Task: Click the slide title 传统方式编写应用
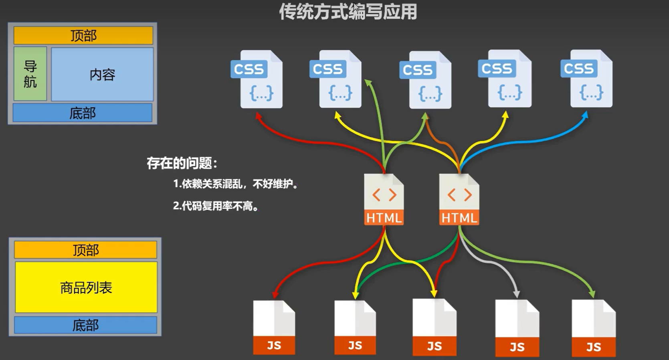(348, 12)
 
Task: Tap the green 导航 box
(30, 74)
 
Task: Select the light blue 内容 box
(103, 75)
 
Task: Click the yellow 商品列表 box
(86, 287)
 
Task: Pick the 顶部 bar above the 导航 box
(83, 36)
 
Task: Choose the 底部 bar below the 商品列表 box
(86, 325)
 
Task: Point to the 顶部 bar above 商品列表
(86, 250)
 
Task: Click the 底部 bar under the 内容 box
(83, 113)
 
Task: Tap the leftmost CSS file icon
(257, 79)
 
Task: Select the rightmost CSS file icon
(587, 79)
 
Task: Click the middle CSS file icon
(426, 80)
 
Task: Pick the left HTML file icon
(384, 199)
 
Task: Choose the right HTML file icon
(459, 199)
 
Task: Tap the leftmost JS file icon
(274, 328)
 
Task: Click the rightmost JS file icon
(594, 328)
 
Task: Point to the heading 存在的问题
(182, 163)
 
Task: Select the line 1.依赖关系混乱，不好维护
(236, 184)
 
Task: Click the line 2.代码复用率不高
(216, 206)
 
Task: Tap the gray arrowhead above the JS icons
(516, 294)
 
